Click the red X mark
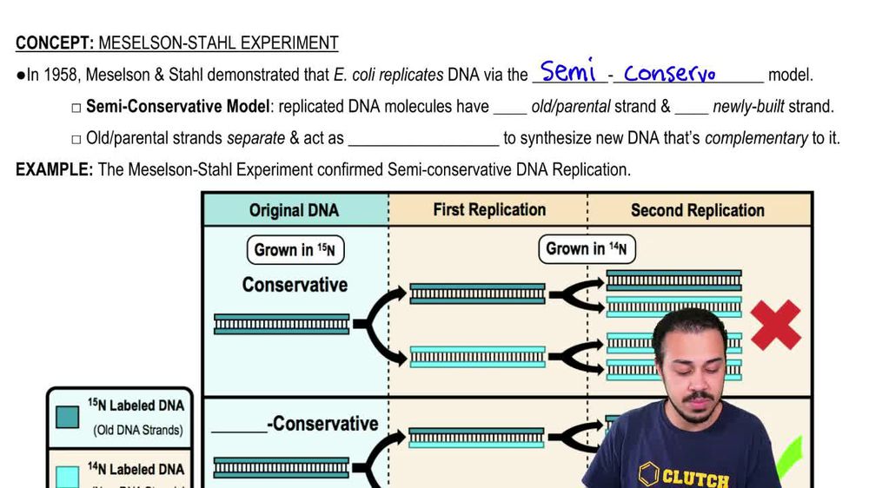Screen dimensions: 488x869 (x=775, y=325)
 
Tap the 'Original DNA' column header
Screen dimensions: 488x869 (x=294, y=210)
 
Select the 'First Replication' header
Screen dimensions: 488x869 (x=489, y=210)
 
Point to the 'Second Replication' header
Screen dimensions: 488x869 (x=697, y=210)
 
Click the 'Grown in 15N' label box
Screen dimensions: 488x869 (x=295, y=250)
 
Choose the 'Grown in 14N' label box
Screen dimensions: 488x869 (x=587, y=249)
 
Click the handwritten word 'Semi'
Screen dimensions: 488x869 (x=568, y=71)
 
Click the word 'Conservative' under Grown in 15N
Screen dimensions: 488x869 (x=295, y=285)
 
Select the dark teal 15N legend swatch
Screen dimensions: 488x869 (x=66, y=417)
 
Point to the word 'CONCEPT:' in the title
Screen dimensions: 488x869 (x=55, y=43)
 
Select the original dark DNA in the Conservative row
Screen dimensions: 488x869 (x=282, y=325)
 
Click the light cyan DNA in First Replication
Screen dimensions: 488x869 (x=477, y=356)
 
